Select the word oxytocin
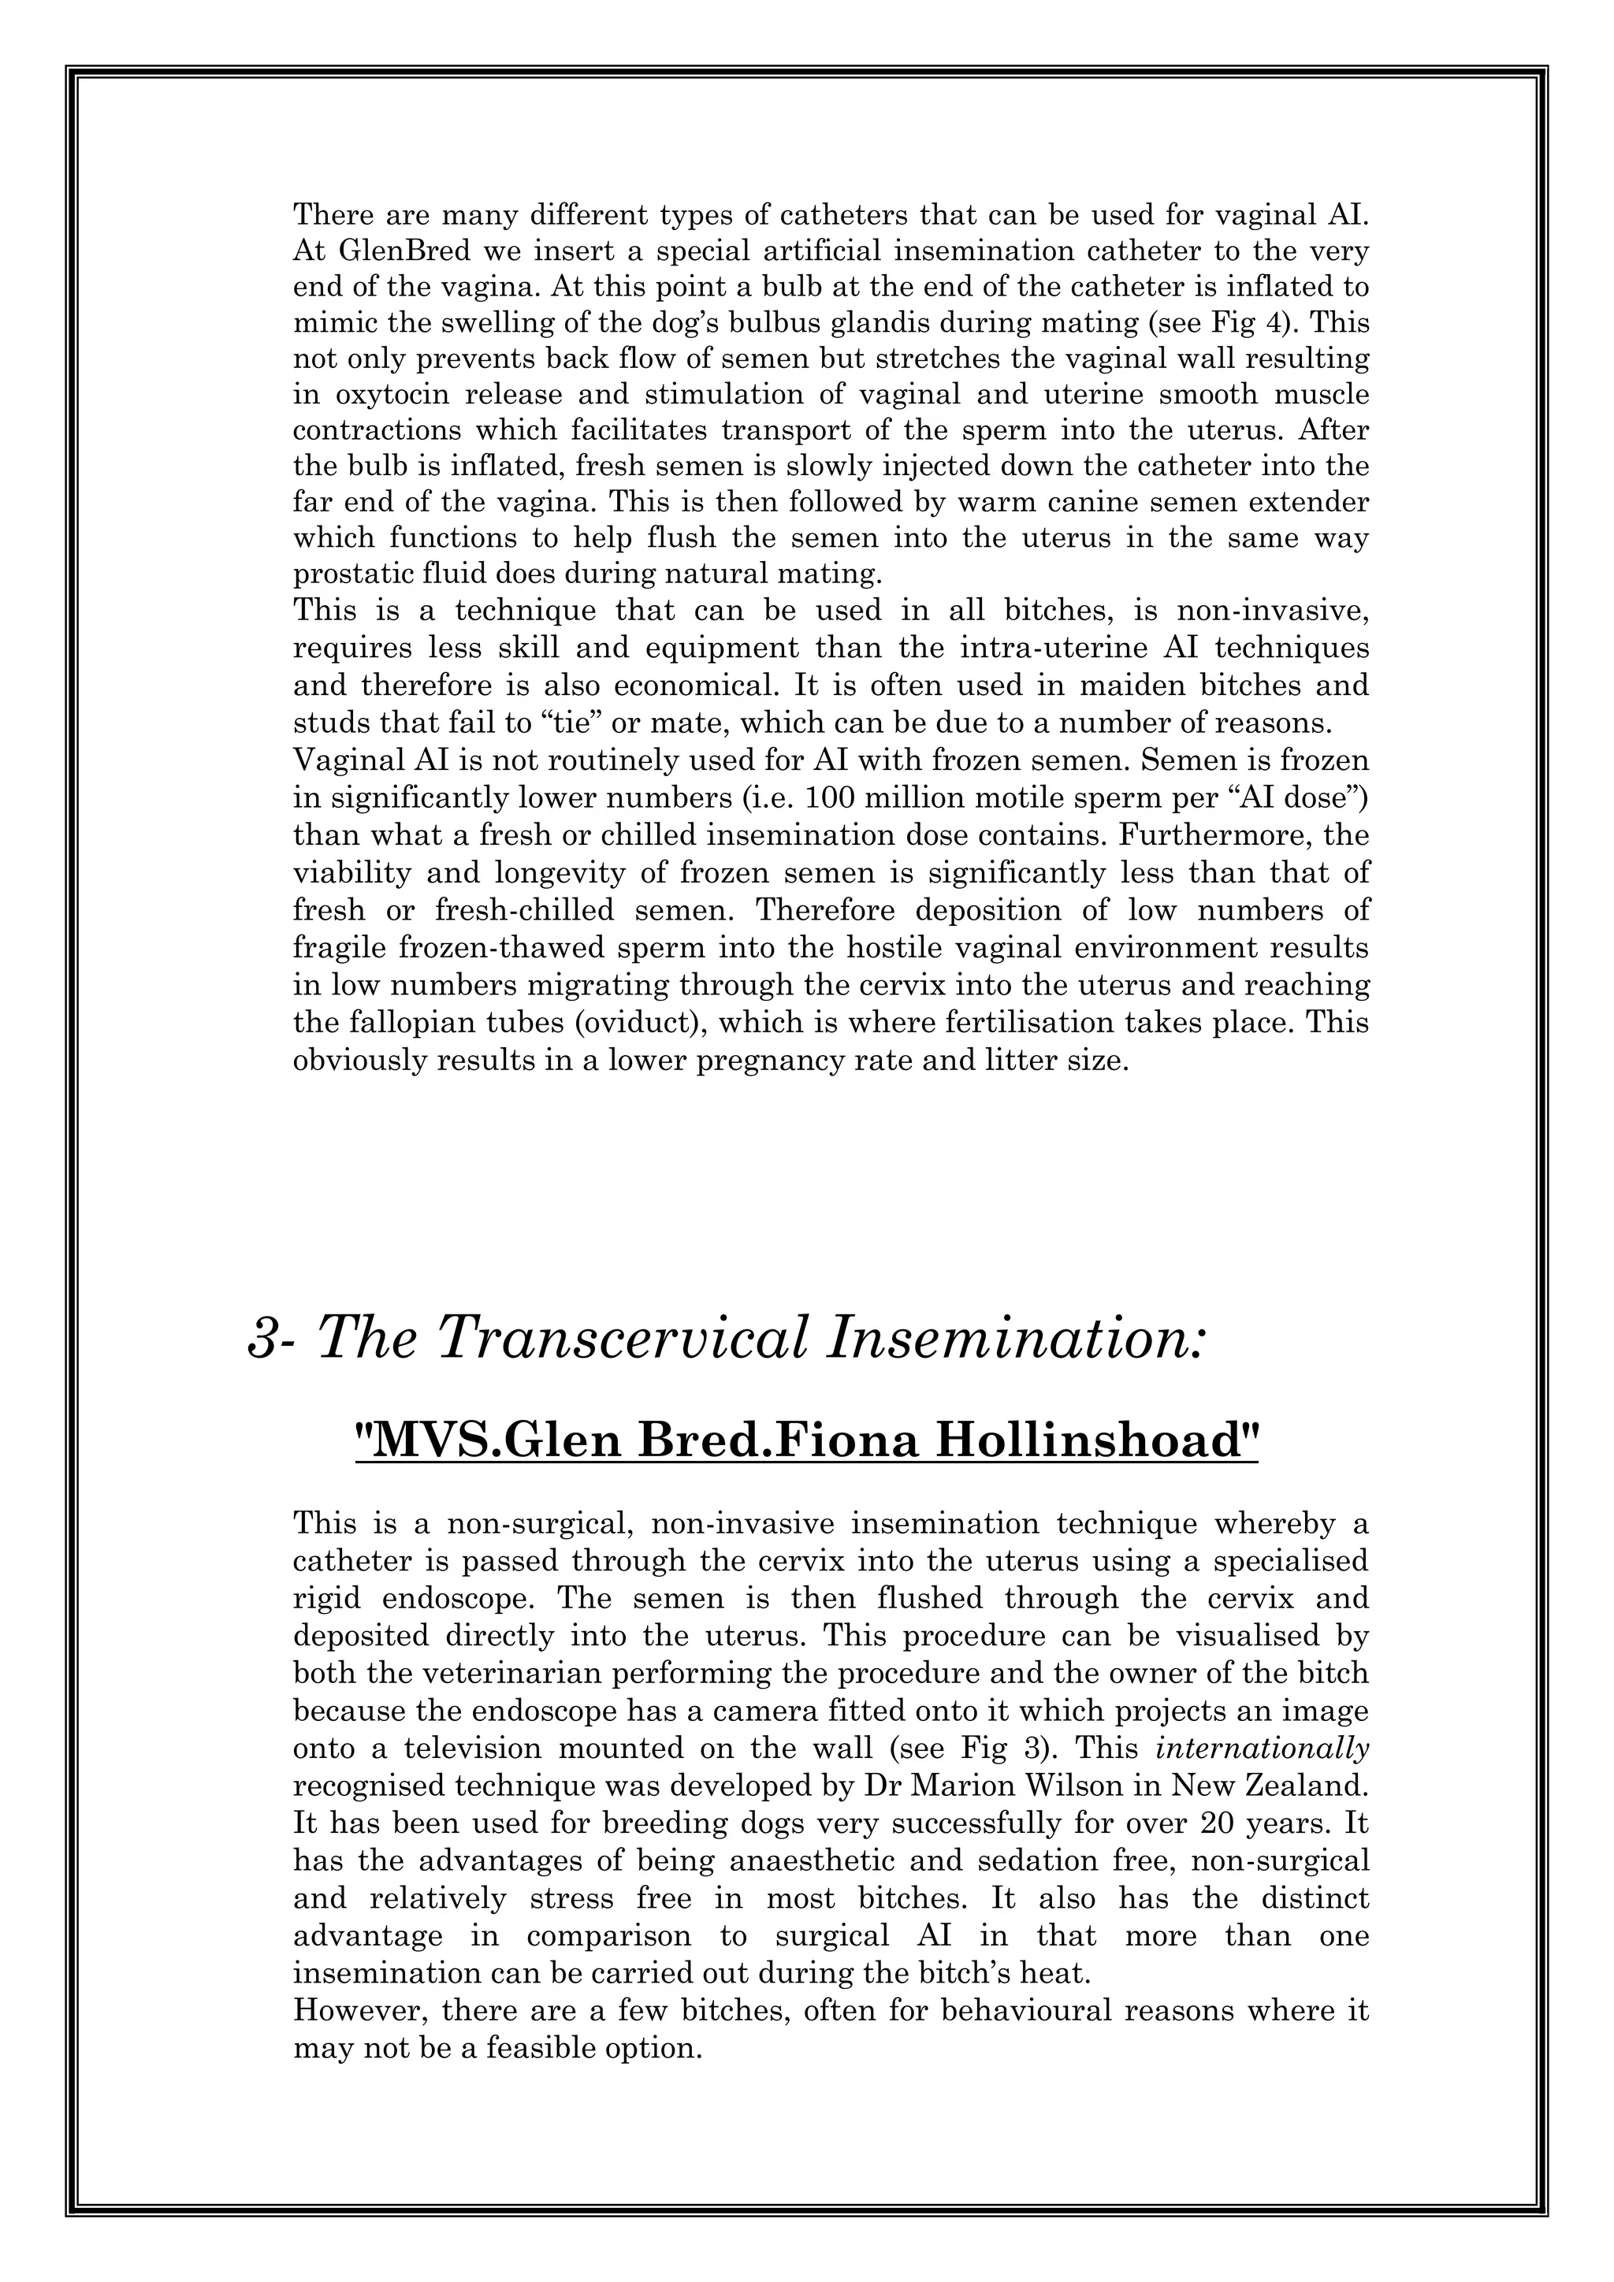click(x=389, y=395)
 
